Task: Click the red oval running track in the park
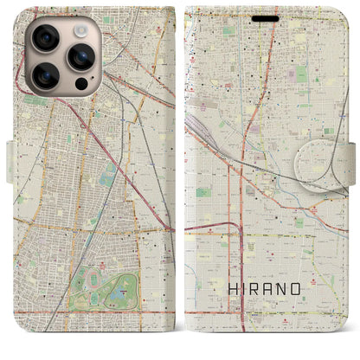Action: click(90, 295)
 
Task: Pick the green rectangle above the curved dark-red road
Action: click(204, 192)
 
